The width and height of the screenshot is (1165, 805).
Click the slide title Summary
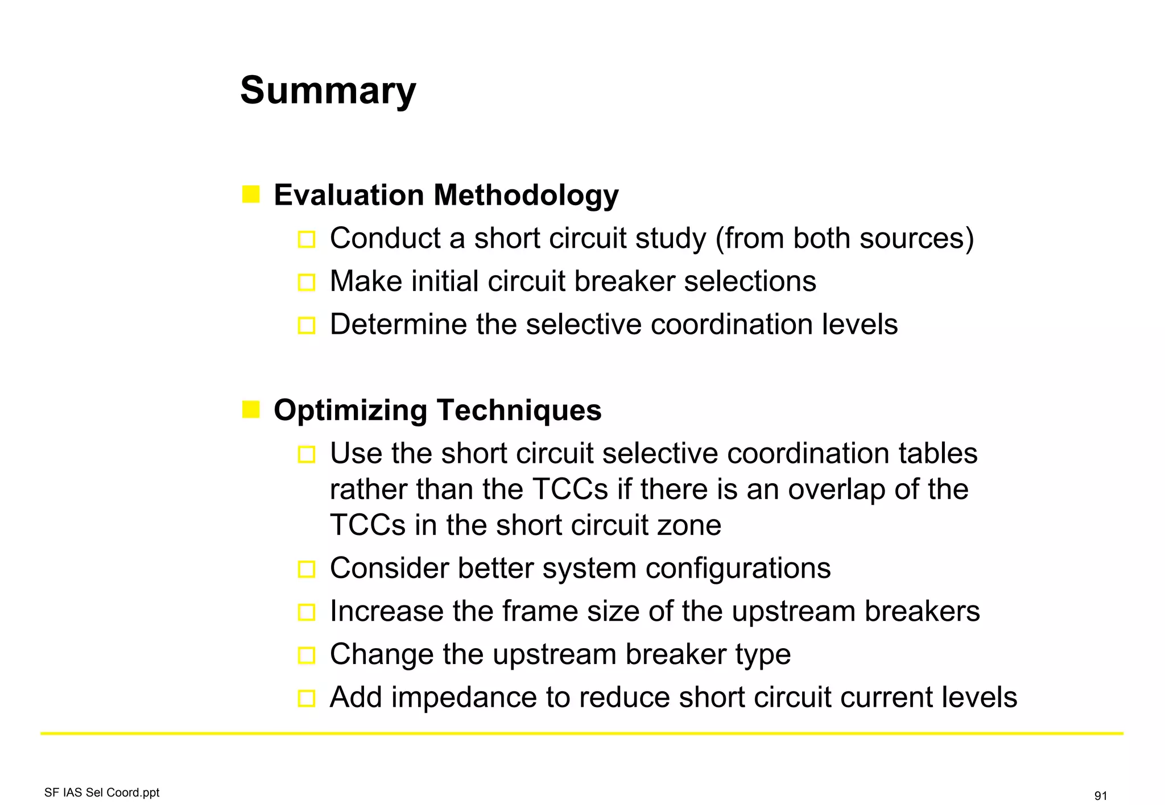(x=328, y=91)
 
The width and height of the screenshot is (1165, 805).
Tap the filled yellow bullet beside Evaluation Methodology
(x=250, y=194)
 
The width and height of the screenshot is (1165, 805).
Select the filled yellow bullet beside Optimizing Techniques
(x=250, y=409)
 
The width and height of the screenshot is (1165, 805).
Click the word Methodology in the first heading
(x=526, y=196)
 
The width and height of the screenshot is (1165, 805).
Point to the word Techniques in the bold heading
(x=519, y=410)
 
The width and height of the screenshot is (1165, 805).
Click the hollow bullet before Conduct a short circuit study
(x=306, y=239)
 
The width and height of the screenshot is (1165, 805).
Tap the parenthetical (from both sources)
(x=844, y=238)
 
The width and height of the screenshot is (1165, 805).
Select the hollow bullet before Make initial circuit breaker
(x=306, y=283)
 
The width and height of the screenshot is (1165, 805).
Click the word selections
(x=750, y=281)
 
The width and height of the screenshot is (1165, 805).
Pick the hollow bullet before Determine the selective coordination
(x=306, y=326)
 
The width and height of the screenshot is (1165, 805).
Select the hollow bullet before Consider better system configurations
(x=306, y=569)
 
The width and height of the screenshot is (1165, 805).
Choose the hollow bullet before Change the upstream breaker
(x=306, y=655)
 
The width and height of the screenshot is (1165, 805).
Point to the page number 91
(x=1100, y=796)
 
